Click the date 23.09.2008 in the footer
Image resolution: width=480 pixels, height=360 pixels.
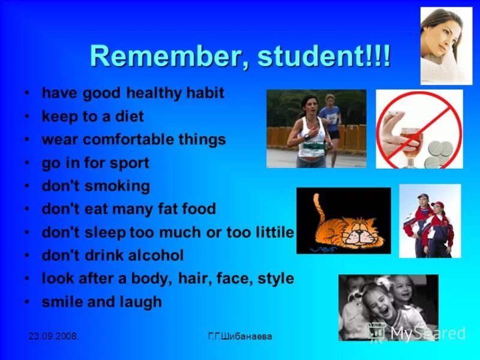[x=53, y=337]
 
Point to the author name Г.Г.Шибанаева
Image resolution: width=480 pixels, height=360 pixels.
[x=239, y=337]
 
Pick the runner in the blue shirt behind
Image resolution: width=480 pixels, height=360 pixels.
[x=332, y=120]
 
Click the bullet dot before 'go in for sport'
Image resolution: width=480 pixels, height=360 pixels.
[x=27, y=163]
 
